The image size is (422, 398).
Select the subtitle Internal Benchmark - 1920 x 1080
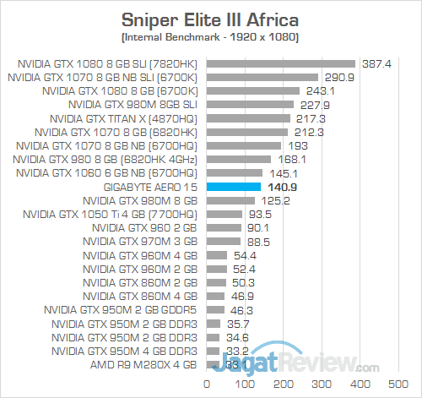pos(211,39)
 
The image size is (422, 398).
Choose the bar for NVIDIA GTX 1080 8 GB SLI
pos(280,63)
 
